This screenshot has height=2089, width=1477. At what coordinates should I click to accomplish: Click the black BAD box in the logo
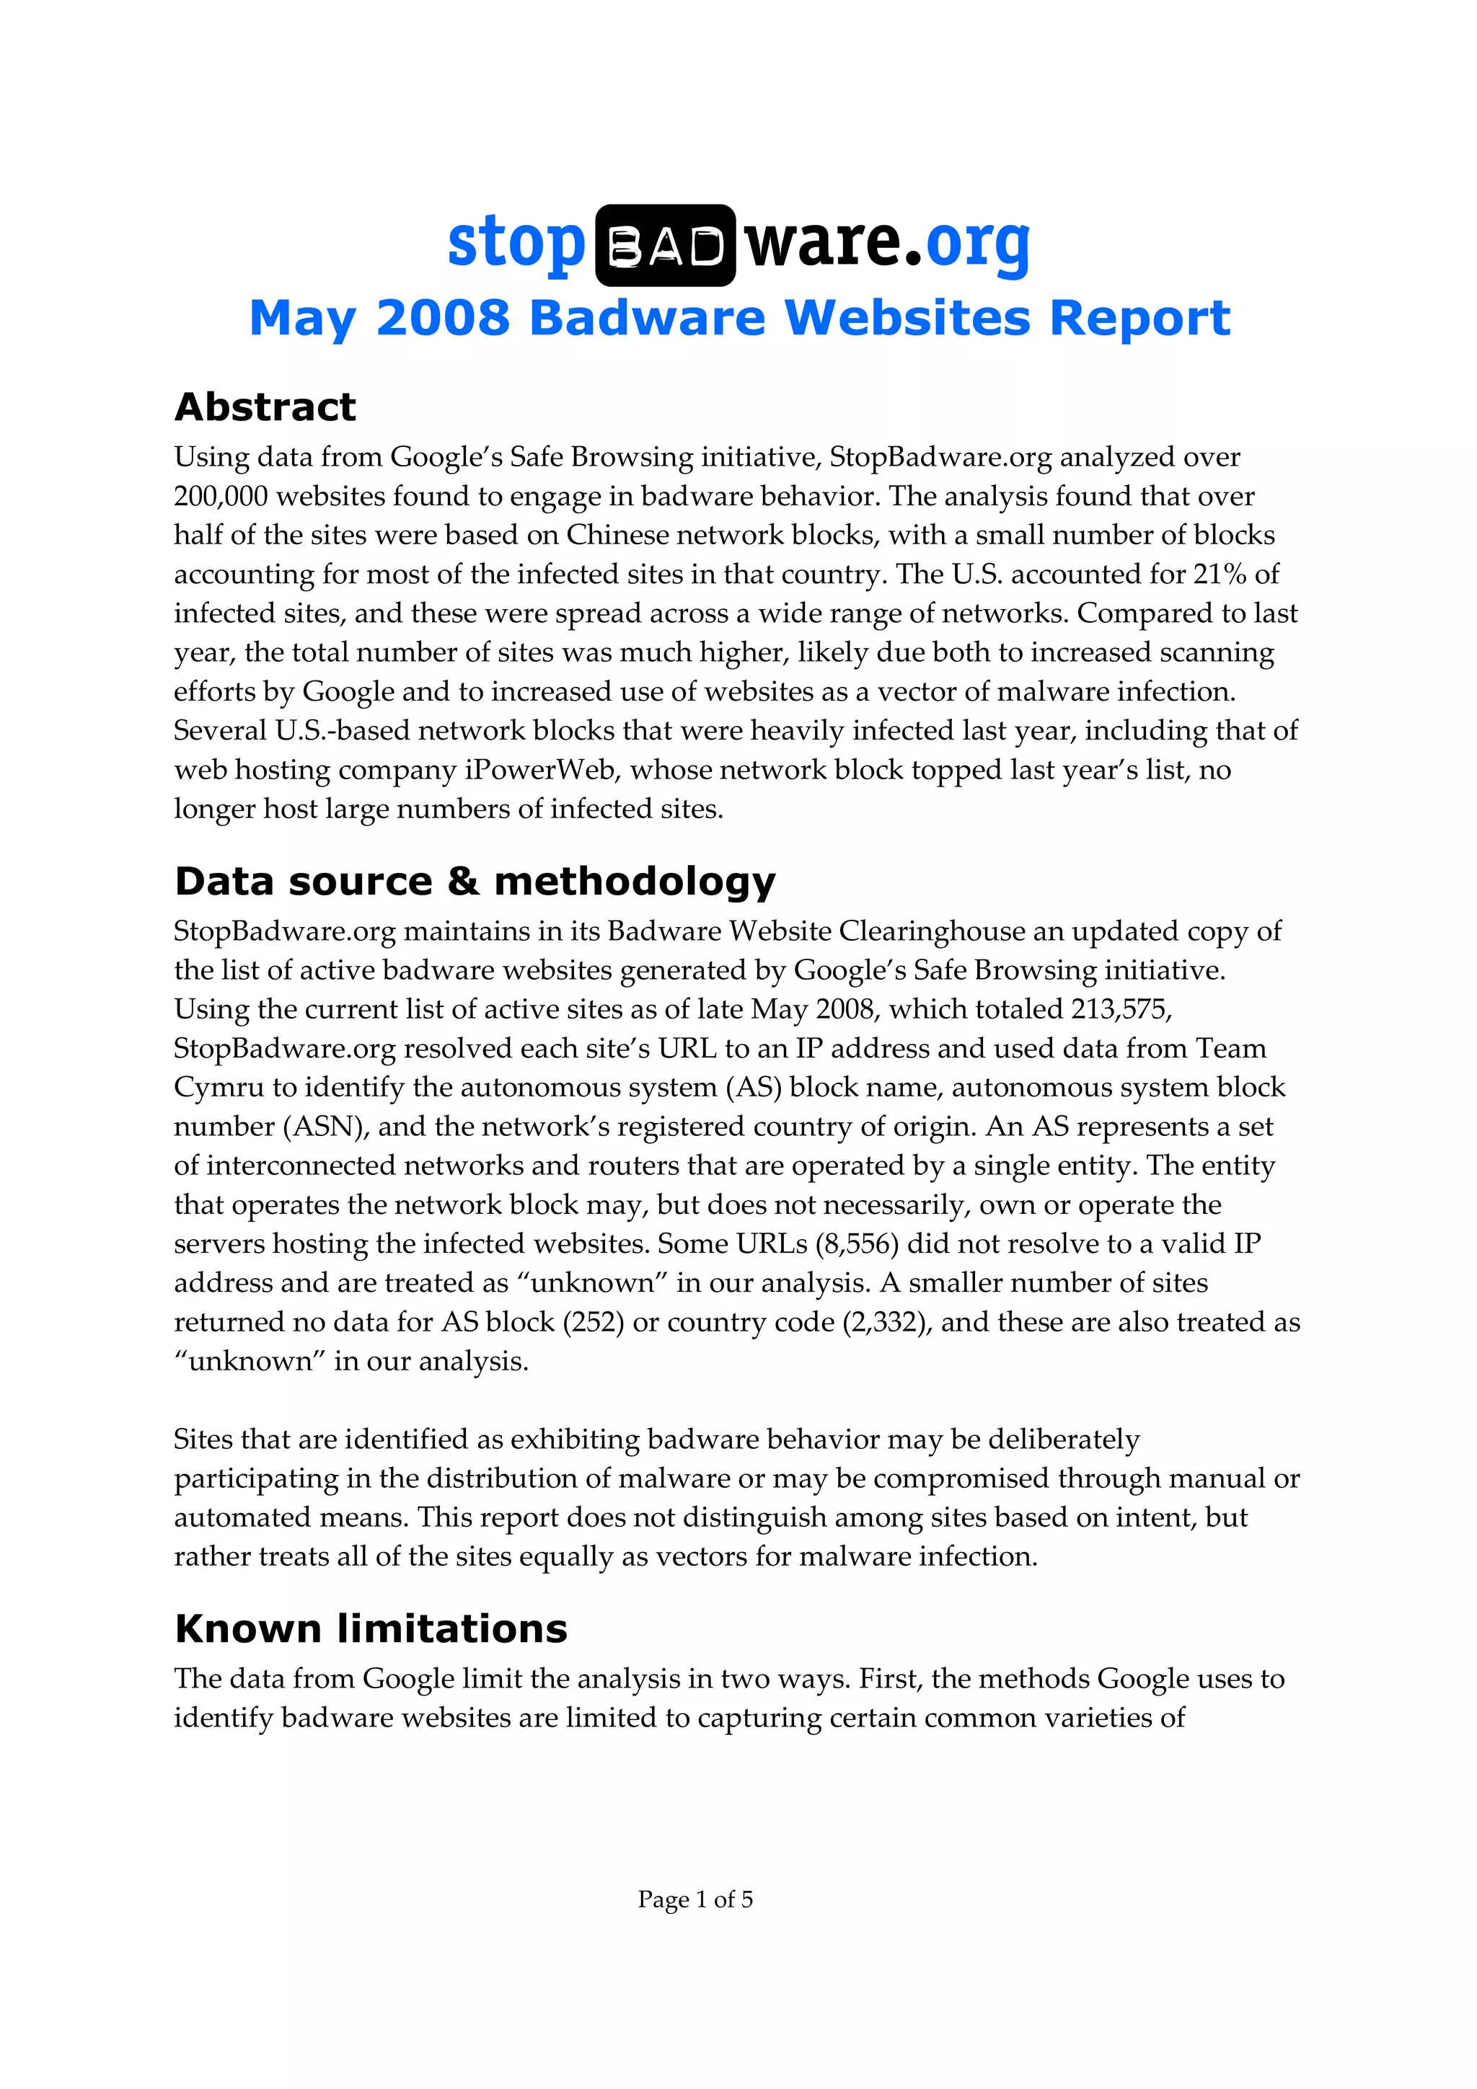click(664, 246)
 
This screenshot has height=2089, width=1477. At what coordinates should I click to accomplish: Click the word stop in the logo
click(515, 244)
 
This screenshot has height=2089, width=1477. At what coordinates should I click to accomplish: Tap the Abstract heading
click(265, 407)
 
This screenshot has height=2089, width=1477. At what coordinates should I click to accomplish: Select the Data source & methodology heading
click(474, 881)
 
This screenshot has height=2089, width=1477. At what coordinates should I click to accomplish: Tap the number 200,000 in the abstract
click(221, 497)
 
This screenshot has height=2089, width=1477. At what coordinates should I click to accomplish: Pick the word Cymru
click(219, 1087)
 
